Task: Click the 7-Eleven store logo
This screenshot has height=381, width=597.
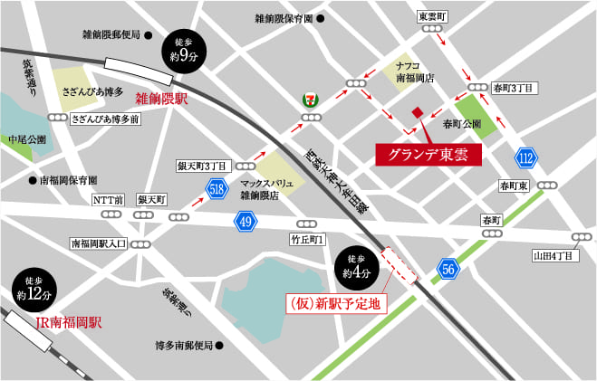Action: click(310, 99)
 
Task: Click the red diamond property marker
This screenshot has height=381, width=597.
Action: click(417, 112)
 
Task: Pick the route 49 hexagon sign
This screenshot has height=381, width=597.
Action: click(245, 220)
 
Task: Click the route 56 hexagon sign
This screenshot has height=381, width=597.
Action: click(447, 268)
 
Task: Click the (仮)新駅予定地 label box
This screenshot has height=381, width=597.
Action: click(336, 303)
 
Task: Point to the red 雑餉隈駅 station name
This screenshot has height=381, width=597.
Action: click(161, 98)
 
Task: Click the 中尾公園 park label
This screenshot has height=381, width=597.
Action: click(27, 140)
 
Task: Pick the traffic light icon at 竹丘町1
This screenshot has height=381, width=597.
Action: click(307, 224)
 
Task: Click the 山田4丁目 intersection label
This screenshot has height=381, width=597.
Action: click(554, 256)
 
